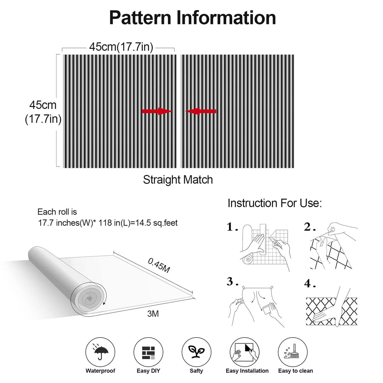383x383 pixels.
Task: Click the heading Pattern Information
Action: pyautogui.click(x=192, y=18)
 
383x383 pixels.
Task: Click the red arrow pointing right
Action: pyautogui.click(x=157, y=111)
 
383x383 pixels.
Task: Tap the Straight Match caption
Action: pyautogui.click(x=178, y=180)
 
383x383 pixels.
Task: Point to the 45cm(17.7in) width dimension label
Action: pyautogui.click(x=121, y=47)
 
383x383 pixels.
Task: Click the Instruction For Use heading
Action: pyautogui.click(x=274, y=203)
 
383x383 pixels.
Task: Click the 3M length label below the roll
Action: pyautogui.click(x=153, y=314)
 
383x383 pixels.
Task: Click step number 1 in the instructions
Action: pyautogui.click(x=232, y=227)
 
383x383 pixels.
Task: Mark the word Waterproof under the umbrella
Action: pyautogui.click(x=100, y=371)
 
